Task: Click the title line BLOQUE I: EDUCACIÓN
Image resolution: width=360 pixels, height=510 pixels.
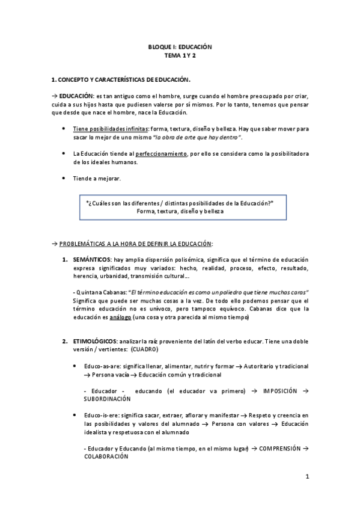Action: [180, 46]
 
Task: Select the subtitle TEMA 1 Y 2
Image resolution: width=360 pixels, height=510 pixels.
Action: [180, 55]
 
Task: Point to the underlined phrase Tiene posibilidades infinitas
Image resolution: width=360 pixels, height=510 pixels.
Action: [111, 129]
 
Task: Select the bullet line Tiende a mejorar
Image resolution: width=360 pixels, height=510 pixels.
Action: [96, 179]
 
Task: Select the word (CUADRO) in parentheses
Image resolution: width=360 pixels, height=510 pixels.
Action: [145, 349]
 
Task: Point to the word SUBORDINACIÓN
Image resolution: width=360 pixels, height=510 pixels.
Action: [108, 399]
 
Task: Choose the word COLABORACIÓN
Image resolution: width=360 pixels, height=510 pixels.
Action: [106, 456]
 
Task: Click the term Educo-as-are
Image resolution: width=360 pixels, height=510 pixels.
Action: [94, 366]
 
